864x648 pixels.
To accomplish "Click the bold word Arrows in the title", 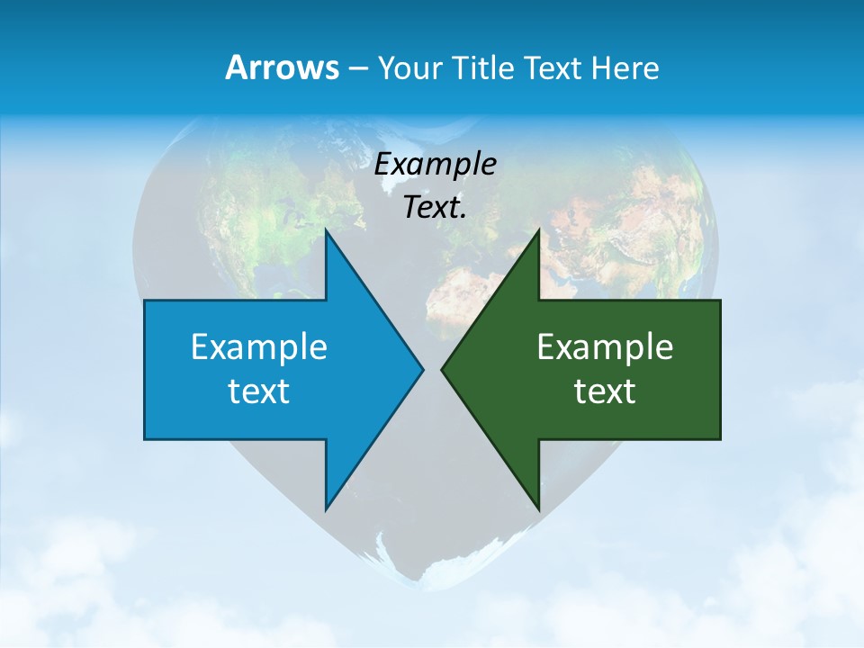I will pyautogui.click(x=281, y=67).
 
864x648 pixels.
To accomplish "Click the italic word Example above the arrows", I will pyautogui.click(x=436, y=164).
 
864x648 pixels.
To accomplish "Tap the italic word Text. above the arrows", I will pyautogui.click(x=436, y=207).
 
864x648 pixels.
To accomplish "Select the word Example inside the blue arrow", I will pyautogui.click(x=259, y=346).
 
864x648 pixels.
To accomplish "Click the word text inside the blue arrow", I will pyautogui.click(x=259, y=391).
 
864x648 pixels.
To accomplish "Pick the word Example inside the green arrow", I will pyautogui.click(x=605, y=346).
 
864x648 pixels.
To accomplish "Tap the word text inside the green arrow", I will pyautogui.click(x=605, y=391).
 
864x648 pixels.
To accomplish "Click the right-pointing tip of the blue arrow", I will pyautogui.click(x=422, y=369).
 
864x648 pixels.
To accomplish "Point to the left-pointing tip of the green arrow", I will pyautogui.click(x=442, y=369).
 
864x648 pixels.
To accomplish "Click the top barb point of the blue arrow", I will pyautogui.click(x=326, y=230).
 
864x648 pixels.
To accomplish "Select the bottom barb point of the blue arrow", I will pyautogui.click(x=326, y=509).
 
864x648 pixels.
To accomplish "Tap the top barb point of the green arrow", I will pyautogui.click(x=538, y=230).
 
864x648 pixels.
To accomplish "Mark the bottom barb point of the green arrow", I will pyautogui.click(x=538, y=509).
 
